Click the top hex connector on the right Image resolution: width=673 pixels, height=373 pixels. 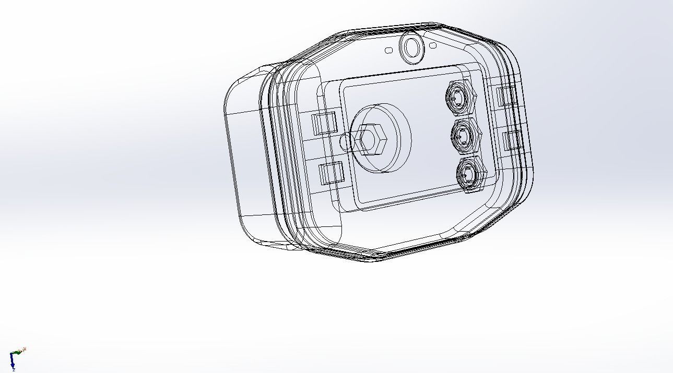point(461,97)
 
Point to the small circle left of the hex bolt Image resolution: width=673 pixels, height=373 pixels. point(346,141)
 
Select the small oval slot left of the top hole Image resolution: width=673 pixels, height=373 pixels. point(388,50)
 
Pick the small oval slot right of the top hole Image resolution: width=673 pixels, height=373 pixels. point(433,45)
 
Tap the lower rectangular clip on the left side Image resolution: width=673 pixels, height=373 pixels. point(330,173)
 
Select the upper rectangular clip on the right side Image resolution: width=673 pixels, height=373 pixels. point(505,97)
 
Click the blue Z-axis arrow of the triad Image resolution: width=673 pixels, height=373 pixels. point(12,361)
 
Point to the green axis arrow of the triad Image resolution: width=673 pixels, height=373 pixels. point(17,353)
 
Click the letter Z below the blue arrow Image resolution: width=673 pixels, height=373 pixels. point(14,370)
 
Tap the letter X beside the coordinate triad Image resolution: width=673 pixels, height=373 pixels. point(25,349)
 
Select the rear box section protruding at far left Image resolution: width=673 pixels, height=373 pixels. point(245,157)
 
